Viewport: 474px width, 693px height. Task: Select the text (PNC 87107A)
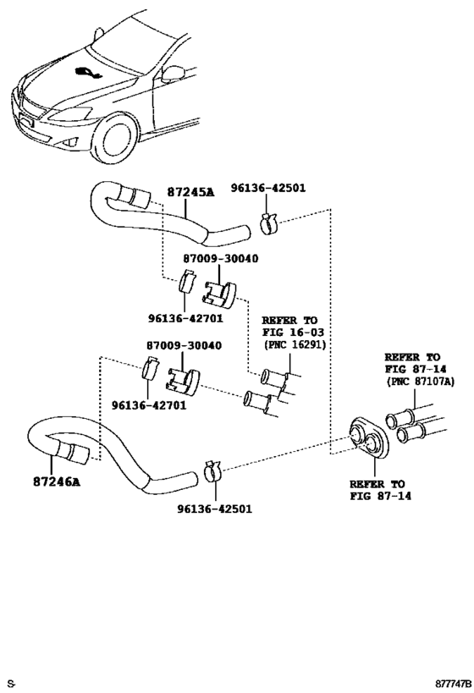click(417, 382)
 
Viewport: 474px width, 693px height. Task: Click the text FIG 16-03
click(289, 333)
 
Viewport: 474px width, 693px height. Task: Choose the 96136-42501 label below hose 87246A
click(214, 509)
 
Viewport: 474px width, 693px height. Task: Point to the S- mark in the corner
click(11, 682)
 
